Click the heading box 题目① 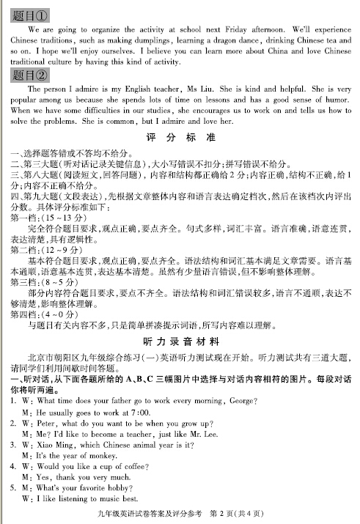point(31,14)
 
